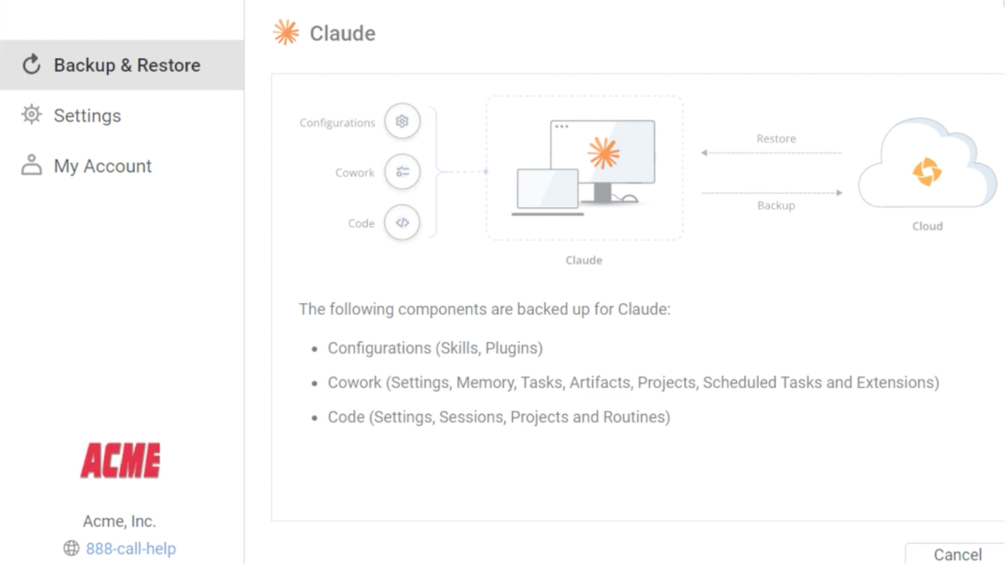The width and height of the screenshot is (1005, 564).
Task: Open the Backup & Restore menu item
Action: tap(122, 65)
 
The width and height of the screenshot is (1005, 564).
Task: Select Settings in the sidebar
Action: tap(88, 115)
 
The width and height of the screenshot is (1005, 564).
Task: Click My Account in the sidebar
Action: tap(102, 166)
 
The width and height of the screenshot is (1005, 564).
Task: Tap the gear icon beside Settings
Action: tap(31, 114)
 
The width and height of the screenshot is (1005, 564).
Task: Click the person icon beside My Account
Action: tap(31, 165)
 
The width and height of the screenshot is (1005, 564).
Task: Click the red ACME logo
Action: tap(121, 460)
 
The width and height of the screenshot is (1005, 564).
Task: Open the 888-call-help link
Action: tap(131, 548)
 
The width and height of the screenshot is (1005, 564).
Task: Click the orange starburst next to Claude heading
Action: tap(286, 32)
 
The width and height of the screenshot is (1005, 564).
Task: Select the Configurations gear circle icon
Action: tap(402, 121)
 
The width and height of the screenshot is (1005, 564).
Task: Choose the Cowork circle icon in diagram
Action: tap(402, 171)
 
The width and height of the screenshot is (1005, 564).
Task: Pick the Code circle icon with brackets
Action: tap(402, 222)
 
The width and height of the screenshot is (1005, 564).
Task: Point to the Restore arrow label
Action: tap(776, 138)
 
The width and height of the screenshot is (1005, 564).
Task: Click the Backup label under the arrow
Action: tap(776, 206)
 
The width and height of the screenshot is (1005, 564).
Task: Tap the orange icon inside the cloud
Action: tap(927, 171)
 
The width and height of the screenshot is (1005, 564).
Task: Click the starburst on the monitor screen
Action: tap(603, 153)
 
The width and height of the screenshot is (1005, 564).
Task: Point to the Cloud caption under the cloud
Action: tap(928, 226)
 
